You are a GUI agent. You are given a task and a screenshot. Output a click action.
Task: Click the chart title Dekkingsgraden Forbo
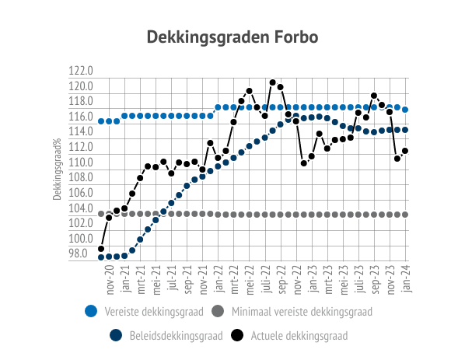click(x=232, y=37)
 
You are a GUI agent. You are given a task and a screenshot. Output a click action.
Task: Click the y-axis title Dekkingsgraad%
click(x=57, y=169)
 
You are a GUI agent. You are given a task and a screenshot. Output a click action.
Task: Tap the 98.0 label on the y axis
click(x=78, y=253)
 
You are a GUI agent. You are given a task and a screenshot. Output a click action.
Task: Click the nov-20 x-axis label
click(x=110, y=280)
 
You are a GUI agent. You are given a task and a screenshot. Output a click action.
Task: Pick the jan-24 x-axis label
click(x=406, y=278)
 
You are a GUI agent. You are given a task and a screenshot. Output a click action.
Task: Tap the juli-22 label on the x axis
click(x=266, y=279)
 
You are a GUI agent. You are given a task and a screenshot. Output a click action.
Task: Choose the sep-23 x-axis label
click(x=375, y=279)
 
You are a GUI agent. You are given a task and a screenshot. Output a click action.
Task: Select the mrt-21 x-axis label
click(x=142, y=279)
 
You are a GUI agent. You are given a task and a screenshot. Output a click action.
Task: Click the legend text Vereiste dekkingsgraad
click(x=154, y=312)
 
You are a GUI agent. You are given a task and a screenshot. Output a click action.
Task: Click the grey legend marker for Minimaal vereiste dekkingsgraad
click(x=218, y=311)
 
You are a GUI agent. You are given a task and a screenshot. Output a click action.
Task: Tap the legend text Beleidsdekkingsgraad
click(x=177, y=336)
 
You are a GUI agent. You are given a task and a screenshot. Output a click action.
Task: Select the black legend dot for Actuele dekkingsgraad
click(x=237, y=335)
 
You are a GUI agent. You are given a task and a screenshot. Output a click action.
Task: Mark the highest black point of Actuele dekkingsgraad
click(x=273, y=82)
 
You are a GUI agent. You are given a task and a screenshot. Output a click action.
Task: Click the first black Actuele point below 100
click(x=101, y=249)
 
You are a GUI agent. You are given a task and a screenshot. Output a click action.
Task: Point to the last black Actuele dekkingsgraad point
click(x=405, y=151)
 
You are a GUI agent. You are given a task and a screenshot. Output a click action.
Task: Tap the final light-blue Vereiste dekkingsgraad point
click(x=405, y=110)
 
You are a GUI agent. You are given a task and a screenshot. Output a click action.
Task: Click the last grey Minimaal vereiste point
click(x=405, y=215)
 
